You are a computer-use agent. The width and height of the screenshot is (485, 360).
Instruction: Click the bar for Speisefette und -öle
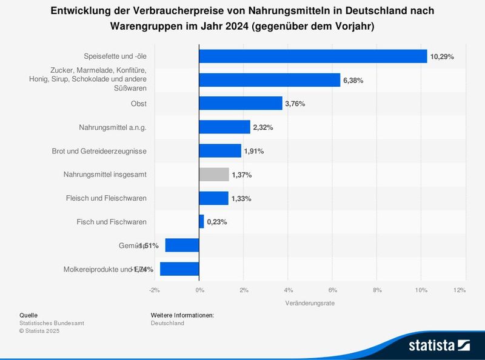[x=313, y=56]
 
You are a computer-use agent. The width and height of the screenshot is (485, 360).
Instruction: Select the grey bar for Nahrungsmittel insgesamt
[x=214, y=175]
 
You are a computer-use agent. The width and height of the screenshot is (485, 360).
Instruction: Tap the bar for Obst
[x=241, y=104]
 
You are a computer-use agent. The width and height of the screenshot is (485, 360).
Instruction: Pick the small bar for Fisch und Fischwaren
[x=201, y=222]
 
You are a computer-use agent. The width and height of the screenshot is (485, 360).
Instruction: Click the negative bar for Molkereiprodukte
[x=179, y=269]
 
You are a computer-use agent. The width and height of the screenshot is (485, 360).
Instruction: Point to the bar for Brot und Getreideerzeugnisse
[x=220, y=151]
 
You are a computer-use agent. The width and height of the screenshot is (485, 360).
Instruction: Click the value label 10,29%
[x=442, y=56]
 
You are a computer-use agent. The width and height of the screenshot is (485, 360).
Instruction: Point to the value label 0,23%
[x=217, y=222]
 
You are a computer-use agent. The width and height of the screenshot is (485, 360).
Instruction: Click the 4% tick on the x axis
[x=288, y=290]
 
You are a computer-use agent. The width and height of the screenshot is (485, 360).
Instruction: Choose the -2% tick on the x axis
[x=154, y=290]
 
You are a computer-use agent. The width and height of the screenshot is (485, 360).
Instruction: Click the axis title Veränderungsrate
[x=310, y=302]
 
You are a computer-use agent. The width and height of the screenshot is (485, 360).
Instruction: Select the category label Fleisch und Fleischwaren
[x=106, y=198]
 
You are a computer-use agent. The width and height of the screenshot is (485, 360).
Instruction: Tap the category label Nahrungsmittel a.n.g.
[x=113, y=127]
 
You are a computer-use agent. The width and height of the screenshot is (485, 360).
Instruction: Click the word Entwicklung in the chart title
[x=81, y=11]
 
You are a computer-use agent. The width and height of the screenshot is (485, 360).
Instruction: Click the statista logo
[x=439, y=345]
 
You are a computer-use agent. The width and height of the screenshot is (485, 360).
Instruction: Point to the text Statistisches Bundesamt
[x=52, y=323]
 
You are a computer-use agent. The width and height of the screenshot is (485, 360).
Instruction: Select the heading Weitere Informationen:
[x=182, y=315]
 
